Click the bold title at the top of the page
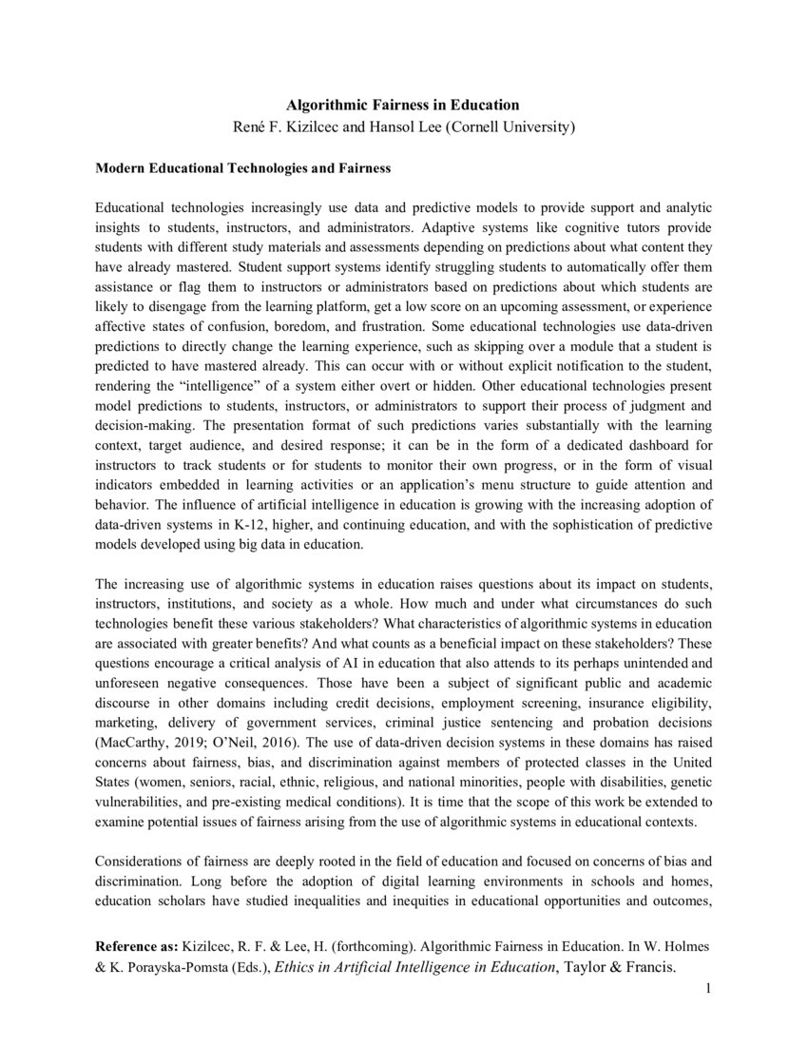[x=404, y=105]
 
